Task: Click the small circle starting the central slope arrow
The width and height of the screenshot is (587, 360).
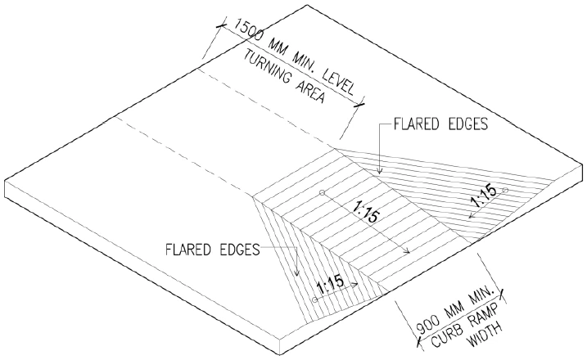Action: (x=323, y=193)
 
